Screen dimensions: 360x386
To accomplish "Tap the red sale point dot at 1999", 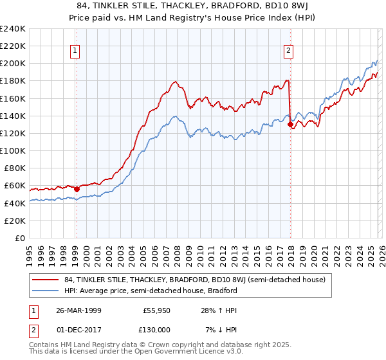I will click(x=77, y=189).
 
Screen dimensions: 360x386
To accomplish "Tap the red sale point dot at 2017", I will click(x=290, y=125).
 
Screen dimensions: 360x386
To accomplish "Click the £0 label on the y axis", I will click(x=19, y=238).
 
